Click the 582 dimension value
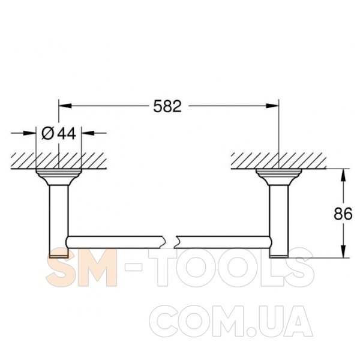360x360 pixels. point(167,106)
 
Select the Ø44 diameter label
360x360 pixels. point(59,133)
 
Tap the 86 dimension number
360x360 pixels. point(343,214)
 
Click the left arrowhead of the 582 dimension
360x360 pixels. point(65,106)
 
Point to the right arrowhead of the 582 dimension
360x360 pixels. point(272,106)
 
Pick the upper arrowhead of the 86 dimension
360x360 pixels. point(343,175)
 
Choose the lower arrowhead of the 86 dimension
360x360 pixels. point(343,251)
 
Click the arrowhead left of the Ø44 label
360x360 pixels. point(30,133)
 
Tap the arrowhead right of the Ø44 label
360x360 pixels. point(88,133)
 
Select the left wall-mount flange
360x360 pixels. point(59,177)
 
